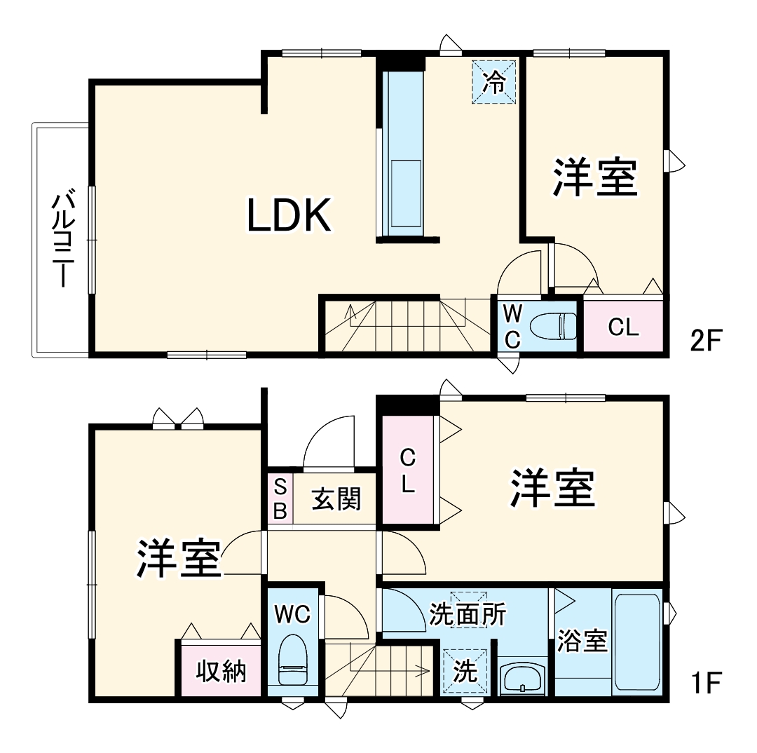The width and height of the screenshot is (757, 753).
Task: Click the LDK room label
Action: click(x=289, y=215)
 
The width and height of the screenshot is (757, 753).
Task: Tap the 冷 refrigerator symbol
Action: click(x=494, y=83)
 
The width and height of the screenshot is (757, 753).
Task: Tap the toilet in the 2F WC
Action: click(x=553, y=326)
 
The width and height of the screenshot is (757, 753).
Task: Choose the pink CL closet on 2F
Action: click(x=623, y=327)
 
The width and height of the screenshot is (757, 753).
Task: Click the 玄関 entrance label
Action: click(x=336, y=498)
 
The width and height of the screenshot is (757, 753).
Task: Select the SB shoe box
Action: click(x=280, y=498)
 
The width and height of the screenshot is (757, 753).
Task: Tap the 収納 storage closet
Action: click(x=221, y=671)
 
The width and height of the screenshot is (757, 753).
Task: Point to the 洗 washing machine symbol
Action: click(x=464, y=672)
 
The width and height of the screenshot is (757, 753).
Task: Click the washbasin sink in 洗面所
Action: click(x=522, y=678)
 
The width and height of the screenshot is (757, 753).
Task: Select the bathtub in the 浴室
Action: click(x=636, y=644)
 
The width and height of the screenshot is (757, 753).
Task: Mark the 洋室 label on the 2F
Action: click(x=595, y=178)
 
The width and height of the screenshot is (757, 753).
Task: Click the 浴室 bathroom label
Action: click(x=582, y=641)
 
